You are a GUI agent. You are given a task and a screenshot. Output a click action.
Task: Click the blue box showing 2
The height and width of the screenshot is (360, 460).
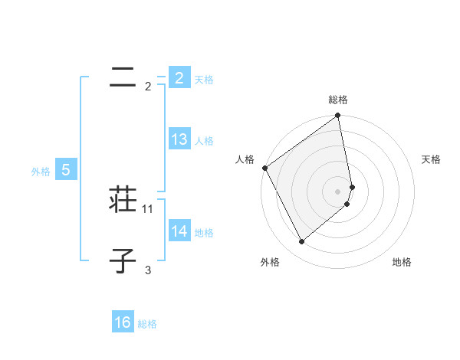pos(179,78)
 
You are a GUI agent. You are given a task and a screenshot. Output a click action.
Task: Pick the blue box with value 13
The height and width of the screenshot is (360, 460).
pos(179,140)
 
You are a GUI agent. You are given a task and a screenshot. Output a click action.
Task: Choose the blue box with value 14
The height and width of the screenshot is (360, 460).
pos(179,232)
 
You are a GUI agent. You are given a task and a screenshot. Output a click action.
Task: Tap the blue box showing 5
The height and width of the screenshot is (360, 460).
pos(66,171)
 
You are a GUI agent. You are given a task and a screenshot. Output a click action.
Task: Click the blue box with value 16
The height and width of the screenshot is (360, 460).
pos(123,323)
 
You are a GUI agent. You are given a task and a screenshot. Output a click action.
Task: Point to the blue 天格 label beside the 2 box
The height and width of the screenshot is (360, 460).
pos(204,80)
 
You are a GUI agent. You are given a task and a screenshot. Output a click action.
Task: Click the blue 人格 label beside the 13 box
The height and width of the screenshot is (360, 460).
pos(204,141)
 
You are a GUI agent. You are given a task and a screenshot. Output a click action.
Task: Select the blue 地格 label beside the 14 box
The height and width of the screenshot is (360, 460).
pos(204,233)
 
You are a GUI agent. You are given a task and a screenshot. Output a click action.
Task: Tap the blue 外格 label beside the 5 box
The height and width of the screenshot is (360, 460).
pos(41,172)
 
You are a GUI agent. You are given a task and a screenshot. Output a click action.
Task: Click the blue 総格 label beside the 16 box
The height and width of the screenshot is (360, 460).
pos(147,324)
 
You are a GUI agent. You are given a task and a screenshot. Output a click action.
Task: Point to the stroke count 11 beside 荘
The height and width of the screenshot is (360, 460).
pos(148,208)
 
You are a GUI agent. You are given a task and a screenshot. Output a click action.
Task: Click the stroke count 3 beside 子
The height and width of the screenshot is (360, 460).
pos(148,270)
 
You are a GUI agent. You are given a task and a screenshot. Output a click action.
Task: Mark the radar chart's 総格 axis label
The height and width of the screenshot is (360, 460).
pos(338,100)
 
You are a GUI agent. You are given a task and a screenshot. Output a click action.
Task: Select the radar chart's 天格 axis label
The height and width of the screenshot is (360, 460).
pos(432,159)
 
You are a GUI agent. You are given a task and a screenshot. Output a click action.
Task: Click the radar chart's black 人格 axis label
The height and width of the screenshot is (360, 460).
pos(245,159)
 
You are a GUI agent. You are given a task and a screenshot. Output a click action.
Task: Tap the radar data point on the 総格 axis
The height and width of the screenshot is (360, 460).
pos(338,116)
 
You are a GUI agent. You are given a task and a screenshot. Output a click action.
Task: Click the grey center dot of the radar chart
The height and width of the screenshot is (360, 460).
pos(338,191)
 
